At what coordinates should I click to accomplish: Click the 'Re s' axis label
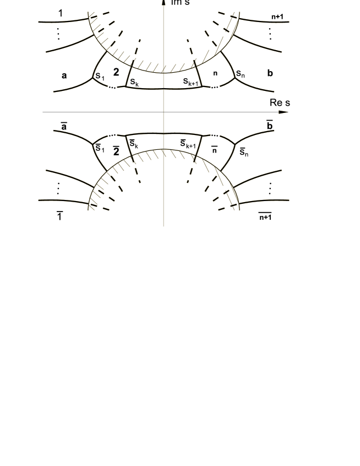[280, 102]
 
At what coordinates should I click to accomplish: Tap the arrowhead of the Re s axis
[283, 112]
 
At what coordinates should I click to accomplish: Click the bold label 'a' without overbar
[64, 76]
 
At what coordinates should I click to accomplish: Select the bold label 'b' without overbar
[270, 73]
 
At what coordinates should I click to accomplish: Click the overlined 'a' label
[64, 126]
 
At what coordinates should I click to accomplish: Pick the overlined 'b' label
[270, 125]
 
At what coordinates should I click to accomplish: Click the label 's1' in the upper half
[100, 77]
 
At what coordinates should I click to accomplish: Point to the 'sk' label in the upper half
[134, 82]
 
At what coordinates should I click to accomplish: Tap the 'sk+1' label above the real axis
[190, 82]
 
